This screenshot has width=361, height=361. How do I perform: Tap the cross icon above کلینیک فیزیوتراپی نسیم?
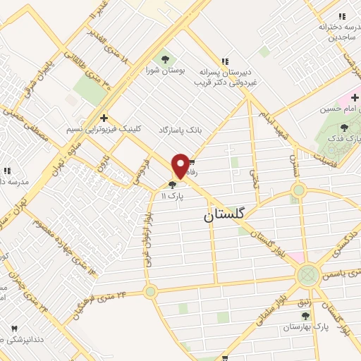104,118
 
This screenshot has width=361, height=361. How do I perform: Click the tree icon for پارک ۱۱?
173,185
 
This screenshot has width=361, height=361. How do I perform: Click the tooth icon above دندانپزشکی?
14,329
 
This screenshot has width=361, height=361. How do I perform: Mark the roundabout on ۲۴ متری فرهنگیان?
149,290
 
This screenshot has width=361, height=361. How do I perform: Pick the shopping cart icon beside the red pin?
192,161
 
